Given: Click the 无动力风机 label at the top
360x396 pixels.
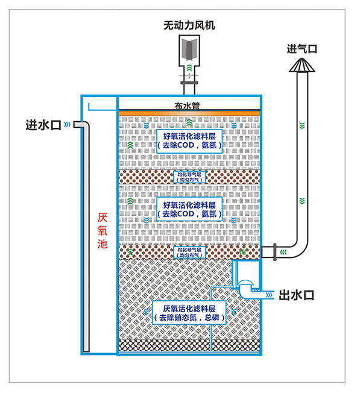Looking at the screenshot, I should click(x=189, y=25).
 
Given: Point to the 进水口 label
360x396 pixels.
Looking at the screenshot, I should click(x=43, y=125).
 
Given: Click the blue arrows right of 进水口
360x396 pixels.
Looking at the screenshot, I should click(x=67, y=125).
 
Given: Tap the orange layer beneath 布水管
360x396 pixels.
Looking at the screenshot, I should click(x=189, y=113).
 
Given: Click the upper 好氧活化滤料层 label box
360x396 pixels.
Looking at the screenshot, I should click(x=189, y=140).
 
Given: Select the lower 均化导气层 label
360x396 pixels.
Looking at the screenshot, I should click(x=189, y=251).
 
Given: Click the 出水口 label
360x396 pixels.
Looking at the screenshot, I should click(x=297, y=295).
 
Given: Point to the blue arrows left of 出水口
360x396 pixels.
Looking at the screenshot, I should click(x=269, y=295).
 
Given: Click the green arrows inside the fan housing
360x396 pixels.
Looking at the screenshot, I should click(x=189, y=67).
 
